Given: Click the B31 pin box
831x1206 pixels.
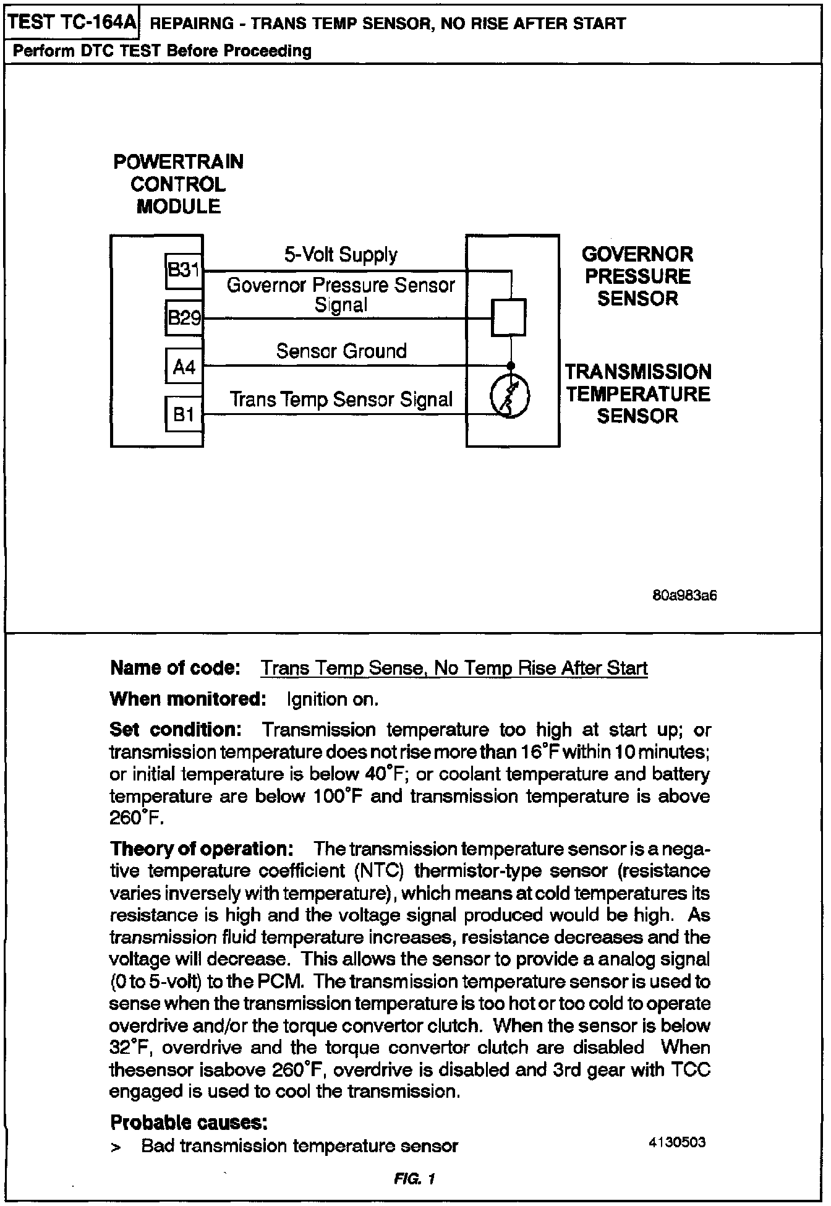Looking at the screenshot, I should [x=184, y=271].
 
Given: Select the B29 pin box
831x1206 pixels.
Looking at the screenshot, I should [x=184, y=318].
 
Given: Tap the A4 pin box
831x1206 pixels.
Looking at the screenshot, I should [x=184, y=367].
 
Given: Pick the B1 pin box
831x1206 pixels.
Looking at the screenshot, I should [x=184, y=414].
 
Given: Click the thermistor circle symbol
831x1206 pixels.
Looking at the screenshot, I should [x=509, y=396].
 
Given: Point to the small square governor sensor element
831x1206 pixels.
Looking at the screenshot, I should [x=508, y=317].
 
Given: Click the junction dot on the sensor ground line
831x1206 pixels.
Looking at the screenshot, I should [x=509, y=366].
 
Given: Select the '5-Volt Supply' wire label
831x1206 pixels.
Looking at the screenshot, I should [x=341, y=255].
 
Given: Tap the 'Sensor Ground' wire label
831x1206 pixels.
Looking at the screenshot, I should [x=341, y=351].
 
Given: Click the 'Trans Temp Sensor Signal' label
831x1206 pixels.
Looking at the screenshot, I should [x=341, y=400].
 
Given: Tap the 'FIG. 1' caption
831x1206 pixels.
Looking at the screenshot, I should [x=414, y=1179].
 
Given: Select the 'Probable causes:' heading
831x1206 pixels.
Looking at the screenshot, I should [x=189, y=1122].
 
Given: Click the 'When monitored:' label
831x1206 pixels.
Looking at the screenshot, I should [x=188, y=699].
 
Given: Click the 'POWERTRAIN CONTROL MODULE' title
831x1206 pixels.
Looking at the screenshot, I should [x=178, y=184].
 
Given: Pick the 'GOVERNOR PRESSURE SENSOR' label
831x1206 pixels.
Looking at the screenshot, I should [x=637, y=276].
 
